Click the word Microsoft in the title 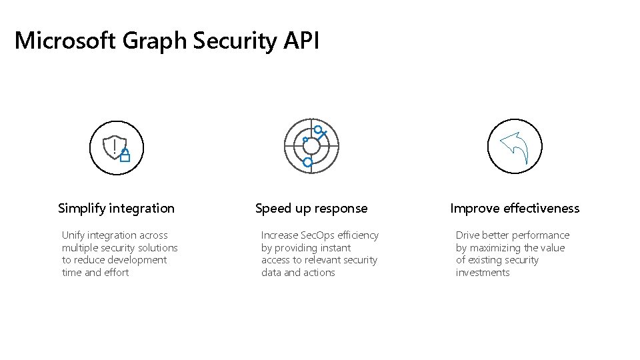pos(65,41)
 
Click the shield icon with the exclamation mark pos(114,147)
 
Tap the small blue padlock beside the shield pos(125,156)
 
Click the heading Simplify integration pos(117,209)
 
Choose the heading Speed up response pos(311,209)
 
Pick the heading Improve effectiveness pos(515,209)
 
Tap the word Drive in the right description pos(467,235)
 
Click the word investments pos(483,273)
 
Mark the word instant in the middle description pos(335,248)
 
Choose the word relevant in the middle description pos(315,260)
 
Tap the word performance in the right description pos(541,235)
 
